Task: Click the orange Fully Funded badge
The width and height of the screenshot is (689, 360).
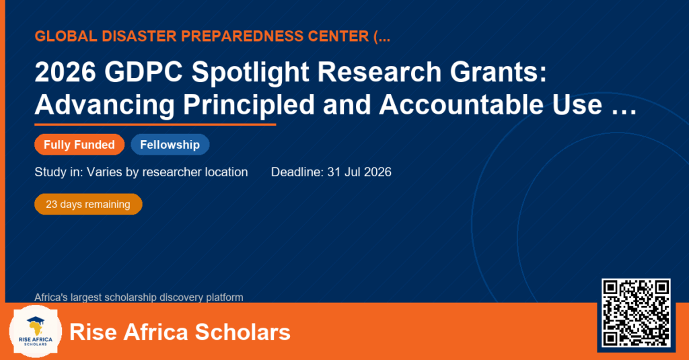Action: coord(79,145)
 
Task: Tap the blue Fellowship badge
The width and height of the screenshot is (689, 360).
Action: coord(170,145)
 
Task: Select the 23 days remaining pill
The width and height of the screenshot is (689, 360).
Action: coord(88,205)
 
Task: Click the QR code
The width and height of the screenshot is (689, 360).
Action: coord(636,313)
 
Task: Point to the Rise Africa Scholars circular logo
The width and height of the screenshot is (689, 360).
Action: coord(36,332)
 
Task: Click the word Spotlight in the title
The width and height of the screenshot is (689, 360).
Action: coord(250,71)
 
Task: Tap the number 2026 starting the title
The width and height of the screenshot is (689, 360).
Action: coord(65,71)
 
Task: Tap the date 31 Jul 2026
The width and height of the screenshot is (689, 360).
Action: coord(359,172)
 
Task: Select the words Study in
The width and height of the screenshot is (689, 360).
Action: coord(59,172)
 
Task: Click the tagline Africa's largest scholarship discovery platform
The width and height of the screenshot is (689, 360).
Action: coord(139,297)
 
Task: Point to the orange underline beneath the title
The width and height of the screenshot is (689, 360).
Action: coord(155,125)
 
